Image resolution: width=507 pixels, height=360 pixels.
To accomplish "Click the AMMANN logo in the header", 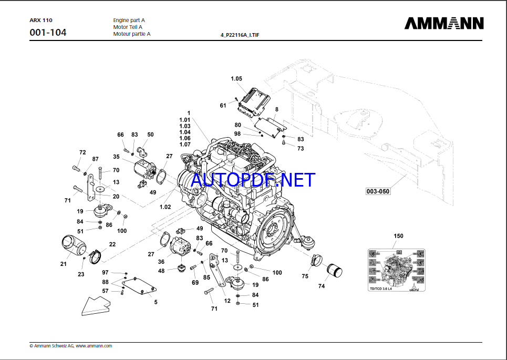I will tap(444, 24).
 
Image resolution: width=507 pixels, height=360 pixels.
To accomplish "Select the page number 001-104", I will tap(48, 33).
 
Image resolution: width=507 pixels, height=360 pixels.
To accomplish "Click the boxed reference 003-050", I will tap(378, 192).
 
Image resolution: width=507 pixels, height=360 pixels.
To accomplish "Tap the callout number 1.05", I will tap(236, 79).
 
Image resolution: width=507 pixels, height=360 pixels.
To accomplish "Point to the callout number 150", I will tap(398, 236).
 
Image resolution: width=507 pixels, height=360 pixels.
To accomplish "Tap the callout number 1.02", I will tap(165, 207).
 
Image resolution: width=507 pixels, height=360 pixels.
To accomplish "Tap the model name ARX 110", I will tap(40, 20).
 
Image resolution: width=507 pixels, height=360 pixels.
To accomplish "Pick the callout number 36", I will tap(161, 262).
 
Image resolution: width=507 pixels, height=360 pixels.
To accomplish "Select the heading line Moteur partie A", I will tap(132, 34).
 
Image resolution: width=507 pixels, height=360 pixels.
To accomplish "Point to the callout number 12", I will tap(227, 301).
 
